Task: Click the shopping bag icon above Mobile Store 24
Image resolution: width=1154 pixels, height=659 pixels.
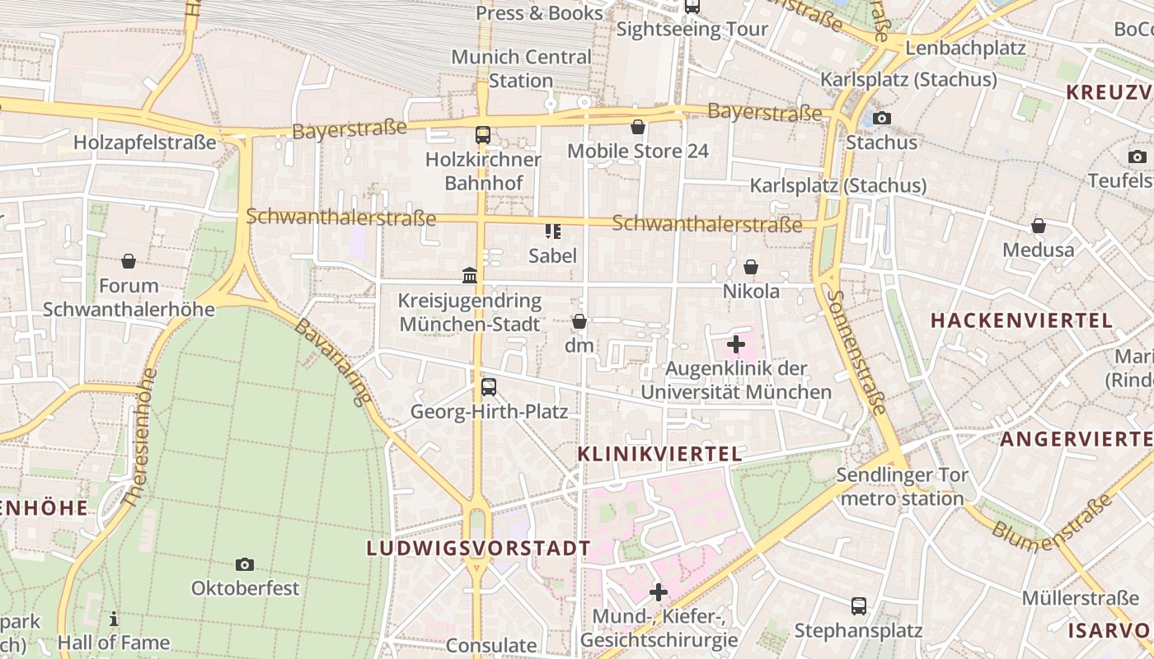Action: pyautogui.click(x=637, y=127)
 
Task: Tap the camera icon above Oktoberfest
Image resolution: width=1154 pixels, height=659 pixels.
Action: pyautogui.click(x=244, y=564)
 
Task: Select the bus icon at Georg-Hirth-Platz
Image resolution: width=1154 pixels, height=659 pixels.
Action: pyautogui.click(x=489, y=386)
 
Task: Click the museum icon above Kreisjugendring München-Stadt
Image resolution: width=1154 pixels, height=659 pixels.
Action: pyautogui.click(x=470, y=275)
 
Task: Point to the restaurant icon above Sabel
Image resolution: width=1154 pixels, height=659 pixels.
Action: pyautogui.click(x=552, y=231)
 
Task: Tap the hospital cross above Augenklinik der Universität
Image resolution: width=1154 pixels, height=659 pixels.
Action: pyautogui.click(x=736, y=344)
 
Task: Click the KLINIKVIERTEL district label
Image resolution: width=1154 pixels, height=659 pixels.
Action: pyautogui.click(x=659, y=454)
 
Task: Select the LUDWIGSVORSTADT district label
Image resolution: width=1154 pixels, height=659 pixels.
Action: pyautogui.click(x=479, y=549)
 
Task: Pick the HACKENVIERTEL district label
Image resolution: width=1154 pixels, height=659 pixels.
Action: pyautogui.click(x=1022, y=321)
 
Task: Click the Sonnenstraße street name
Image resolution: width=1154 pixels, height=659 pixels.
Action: pyautogui.click(x=858, y=352)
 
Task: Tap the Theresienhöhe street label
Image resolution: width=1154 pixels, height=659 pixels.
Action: pyautogui.click(x=138, y=437)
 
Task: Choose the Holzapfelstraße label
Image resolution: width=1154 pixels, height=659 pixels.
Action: pyautogui.click(x=145, y=143)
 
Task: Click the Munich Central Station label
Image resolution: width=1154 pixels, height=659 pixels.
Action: pyautogui.click(x=521, y=69)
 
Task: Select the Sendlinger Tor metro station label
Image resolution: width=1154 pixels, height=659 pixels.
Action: pyautogui.click(x=902, y=487)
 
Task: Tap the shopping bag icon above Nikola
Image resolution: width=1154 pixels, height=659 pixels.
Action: pyautogui.click(x=751, y=267)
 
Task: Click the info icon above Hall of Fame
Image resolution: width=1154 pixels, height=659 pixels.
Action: pyautogui.click(x=114, y=619)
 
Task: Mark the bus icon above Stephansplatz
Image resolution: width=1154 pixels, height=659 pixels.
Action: pyautogui.click(x=858, y=606)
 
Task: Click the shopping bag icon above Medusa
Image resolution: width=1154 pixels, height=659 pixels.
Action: pyautogui.click(x=1039, y=226)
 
